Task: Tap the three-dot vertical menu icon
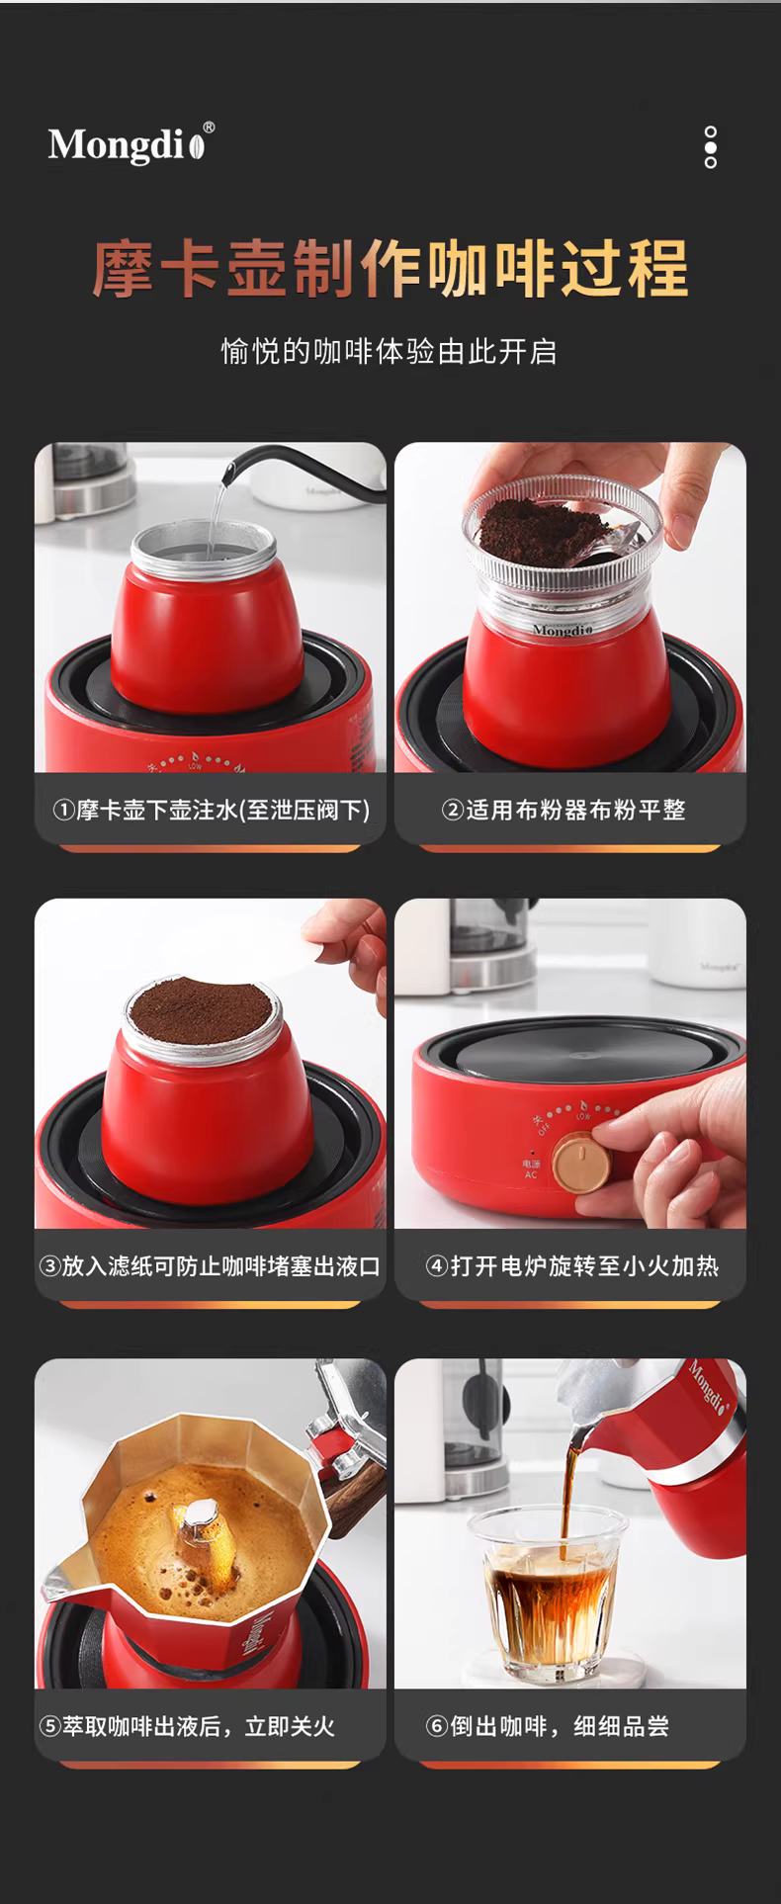710,147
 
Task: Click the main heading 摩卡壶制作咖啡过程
390,267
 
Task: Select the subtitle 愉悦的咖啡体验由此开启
390,351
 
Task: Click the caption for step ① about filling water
211,811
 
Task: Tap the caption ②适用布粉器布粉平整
564,811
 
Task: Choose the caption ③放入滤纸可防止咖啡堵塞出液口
210,1266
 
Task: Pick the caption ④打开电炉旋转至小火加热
571,1266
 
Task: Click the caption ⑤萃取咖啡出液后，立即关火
187,1727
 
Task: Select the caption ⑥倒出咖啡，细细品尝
547,1727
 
